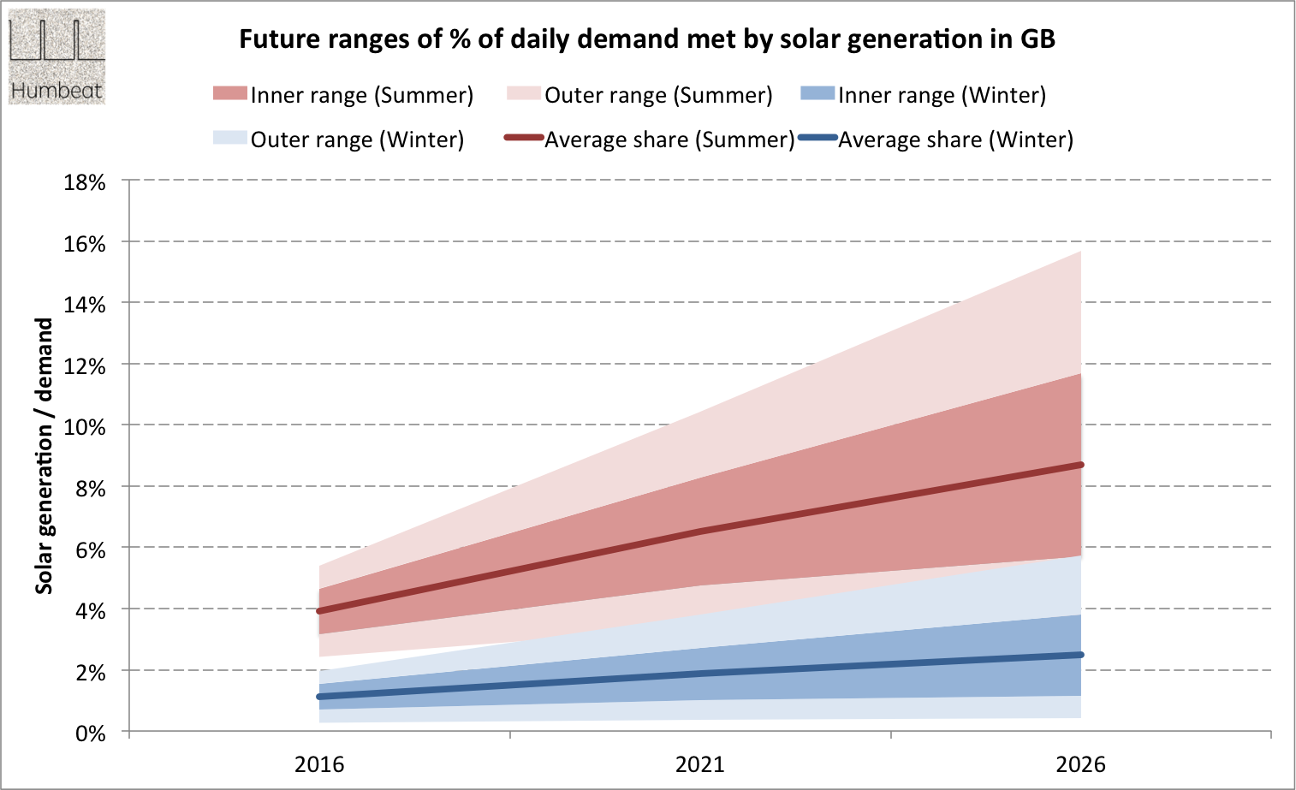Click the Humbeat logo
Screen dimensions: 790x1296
pos(56,57)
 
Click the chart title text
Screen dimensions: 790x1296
pos(646,39)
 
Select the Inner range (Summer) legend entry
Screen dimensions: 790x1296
pos(343,95)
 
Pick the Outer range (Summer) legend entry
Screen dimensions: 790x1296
pos(639,95)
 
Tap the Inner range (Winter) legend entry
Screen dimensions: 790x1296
pos(924,95)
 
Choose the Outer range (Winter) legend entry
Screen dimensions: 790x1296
pos(338,140)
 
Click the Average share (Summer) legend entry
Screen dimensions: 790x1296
pos(651,140)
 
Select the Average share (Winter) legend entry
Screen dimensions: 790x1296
pos(936,140)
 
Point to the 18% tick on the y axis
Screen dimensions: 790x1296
pos(85,182)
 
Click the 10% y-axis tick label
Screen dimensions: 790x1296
pos(85,427)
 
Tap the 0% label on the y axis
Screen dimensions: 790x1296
pos(90,734)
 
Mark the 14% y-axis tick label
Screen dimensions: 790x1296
pos(85,305)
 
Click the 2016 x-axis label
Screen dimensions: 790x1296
pos(319,764)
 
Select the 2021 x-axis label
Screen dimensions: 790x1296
pos(700,764)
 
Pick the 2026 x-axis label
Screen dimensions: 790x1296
pos(1081,764)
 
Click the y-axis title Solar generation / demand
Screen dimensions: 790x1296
pos(44,456)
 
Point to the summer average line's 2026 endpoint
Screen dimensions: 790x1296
pos(1081,465)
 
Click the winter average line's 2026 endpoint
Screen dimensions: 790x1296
pos(1081,655)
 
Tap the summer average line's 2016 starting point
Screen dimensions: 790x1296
pos(319,611)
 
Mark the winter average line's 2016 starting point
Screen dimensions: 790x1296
pos(319,697)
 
